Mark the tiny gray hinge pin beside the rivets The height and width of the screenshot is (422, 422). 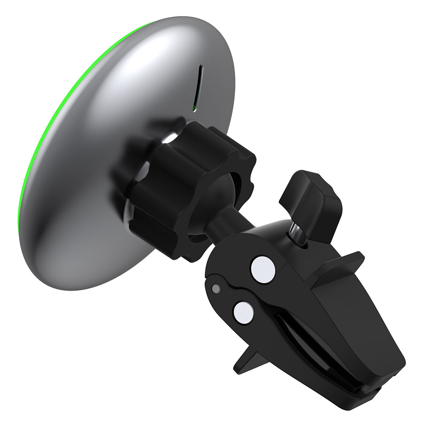(216, 289)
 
